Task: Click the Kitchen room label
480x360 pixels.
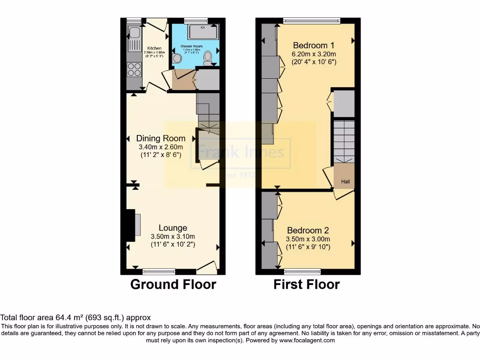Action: tap(155, 48)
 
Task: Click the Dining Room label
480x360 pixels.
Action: tap(161, 138)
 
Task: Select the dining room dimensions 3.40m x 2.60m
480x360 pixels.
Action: tap(161, 147)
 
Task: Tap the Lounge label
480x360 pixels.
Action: tap(172, 228)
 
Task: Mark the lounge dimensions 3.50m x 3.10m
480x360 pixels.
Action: tap(172, 237)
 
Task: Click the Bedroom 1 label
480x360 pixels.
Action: tap(314, 45)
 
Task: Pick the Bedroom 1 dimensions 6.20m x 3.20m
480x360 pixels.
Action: tap(314, 54)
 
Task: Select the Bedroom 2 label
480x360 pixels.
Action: tap(308, 230)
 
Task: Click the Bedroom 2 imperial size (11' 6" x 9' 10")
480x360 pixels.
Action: tap(308, 247)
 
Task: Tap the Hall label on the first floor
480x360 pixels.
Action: tap(345, 182)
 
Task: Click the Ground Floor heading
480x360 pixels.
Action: tap(173, 284)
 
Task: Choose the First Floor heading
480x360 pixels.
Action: tap(307, 284)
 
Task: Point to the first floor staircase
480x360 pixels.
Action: tap(344, 141)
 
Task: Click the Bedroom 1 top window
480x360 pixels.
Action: tap(312, 20)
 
